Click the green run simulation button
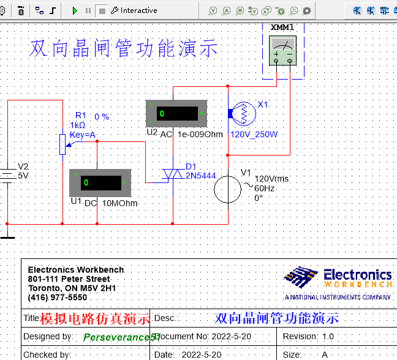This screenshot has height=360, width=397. point(75,10)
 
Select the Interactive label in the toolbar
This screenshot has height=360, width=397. point(138,10)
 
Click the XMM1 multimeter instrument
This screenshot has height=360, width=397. point(282,50)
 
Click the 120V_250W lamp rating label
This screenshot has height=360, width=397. point(254,135)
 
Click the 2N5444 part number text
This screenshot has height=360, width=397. point(200,176)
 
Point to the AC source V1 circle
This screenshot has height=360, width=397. point(228,187)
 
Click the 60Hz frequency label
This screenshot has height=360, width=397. point(265,189)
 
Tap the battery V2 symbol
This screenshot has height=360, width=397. point(7,174)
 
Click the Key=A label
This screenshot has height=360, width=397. point(83,135)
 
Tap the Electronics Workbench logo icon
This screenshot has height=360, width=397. point(300,278)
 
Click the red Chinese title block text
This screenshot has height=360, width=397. point(95,318)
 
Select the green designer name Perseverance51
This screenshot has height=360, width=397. point(121,337)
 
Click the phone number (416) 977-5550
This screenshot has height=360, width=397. point(58,297)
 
